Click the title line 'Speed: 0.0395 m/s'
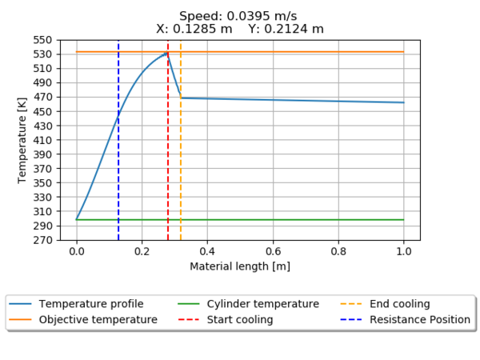click(239, 16)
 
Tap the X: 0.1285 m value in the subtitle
click(194, 29)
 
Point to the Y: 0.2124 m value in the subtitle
click(286, 29)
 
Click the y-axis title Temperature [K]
click(23, 140)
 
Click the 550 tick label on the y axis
click(43, 40)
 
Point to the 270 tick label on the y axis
click(43, 240)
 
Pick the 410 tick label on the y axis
click(43, 140)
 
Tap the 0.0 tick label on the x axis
click(76, 251)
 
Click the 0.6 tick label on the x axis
click(273, 251)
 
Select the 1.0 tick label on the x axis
click(403, 251)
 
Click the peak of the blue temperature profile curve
click(166, 54)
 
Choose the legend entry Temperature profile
click(91, 304)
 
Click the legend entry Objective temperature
click(98, 319)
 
